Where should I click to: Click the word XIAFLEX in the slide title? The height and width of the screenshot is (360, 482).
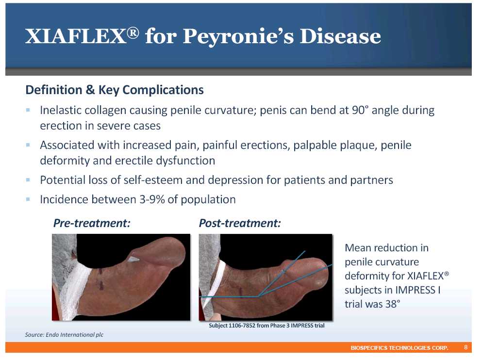click(76, 36)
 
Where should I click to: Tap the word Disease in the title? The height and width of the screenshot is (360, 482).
click(340, 36)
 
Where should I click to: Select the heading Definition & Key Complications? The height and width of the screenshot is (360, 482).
click(115, 90)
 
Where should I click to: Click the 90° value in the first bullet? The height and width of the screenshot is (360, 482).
click(360, 110)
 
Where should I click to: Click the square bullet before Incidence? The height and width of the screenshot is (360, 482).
click(28, 199)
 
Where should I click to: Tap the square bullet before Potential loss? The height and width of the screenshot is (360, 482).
click(28, 180)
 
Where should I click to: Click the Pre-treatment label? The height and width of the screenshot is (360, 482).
click(92, 223)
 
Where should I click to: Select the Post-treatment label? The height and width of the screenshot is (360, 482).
click(240, 223)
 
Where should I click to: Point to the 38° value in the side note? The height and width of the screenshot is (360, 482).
click(393, 304)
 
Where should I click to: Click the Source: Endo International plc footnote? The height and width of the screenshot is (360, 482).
click(64, 335)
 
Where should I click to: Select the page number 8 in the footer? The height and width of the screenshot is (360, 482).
click(465, 347)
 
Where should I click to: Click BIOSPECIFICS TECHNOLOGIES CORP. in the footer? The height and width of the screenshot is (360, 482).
click(399, 348)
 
